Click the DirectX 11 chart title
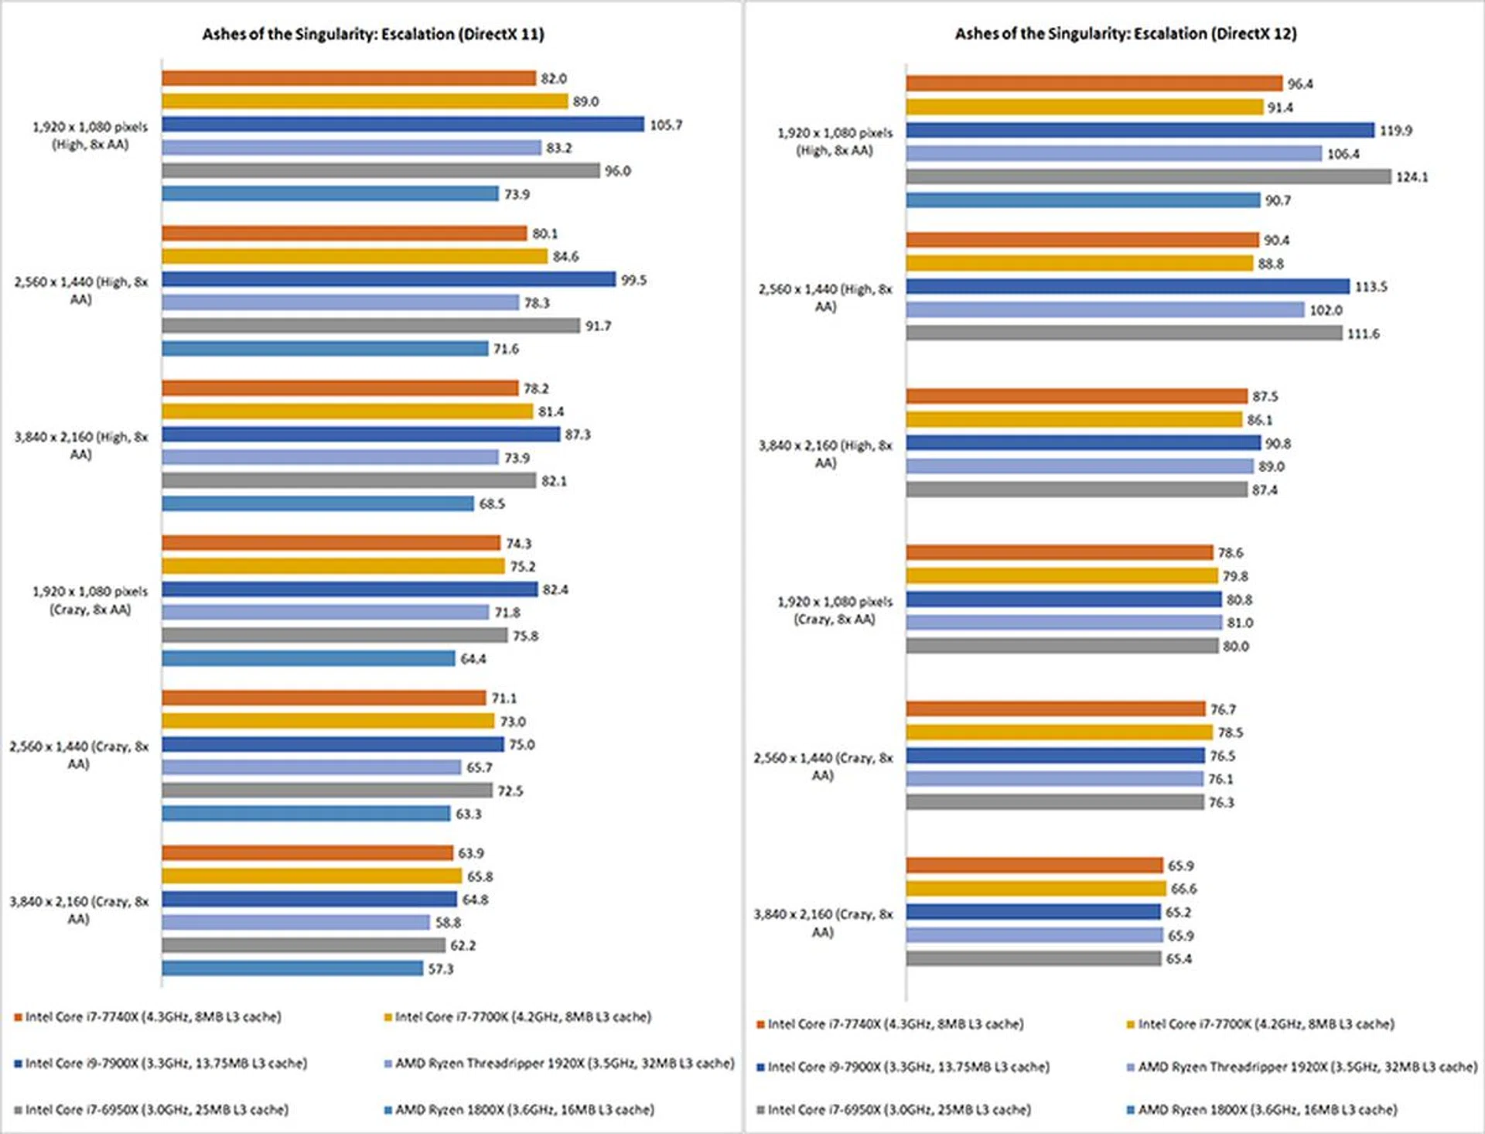373,34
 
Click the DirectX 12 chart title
1125,33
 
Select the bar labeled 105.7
402,124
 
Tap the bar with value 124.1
1149,176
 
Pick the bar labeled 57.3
292,968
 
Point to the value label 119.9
1395,131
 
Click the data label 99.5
633,280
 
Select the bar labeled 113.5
1128,286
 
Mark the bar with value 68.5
317,504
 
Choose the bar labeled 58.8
295,922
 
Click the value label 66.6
1183,889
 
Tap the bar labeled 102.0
1105,309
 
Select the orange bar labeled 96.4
1094,84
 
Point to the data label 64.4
473,659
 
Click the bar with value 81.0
1064,622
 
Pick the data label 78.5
1230,733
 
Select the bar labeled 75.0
333,744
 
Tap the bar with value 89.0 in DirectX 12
1080,466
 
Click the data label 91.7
598,326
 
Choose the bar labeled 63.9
307,852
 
